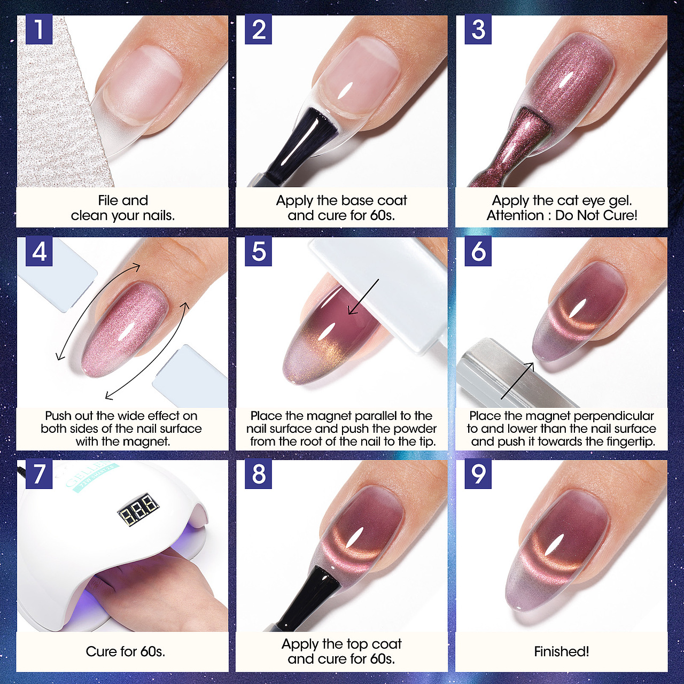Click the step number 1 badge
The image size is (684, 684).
39,29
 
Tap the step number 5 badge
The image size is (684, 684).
259,251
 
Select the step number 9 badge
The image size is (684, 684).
478,474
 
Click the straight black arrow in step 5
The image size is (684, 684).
363,297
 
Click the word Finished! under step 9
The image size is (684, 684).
562,651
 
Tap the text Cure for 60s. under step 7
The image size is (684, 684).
125,651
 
